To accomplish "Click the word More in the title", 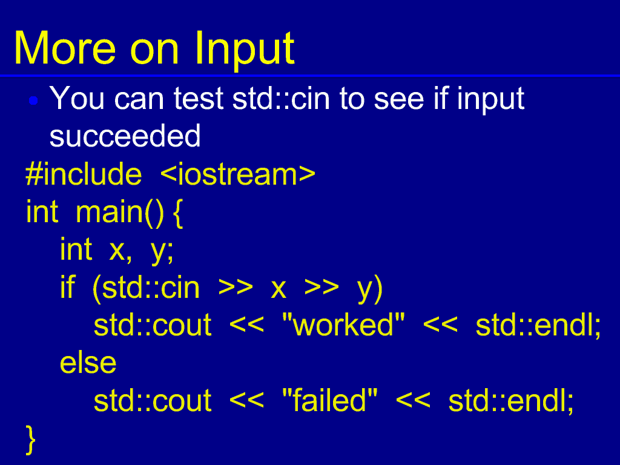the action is click(65, 48).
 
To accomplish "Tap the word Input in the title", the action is click(245, 51).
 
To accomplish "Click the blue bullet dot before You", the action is click(34, 101).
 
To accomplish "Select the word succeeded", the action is click(125, 136).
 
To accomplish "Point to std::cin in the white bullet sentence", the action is click(281, 98).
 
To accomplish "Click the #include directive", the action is click(84, 174).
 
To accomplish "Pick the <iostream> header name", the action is click(238, 174).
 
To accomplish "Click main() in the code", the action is click(119, 213).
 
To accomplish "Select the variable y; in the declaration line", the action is click(162, 251).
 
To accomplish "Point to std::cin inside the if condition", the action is click(150, 288).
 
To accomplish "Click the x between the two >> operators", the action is click(279, 290).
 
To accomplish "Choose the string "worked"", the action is click(344, 325).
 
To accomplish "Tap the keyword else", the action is click(88, 363).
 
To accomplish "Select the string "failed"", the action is click(330, 400).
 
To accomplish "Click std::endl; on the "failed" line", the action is click(511, 401).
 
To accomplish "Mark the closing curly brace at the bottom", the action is click(30, 440).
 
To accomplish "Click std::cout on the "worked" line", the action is click(153, 325).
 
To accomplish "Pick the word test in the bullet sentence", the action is click(198, 98).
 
